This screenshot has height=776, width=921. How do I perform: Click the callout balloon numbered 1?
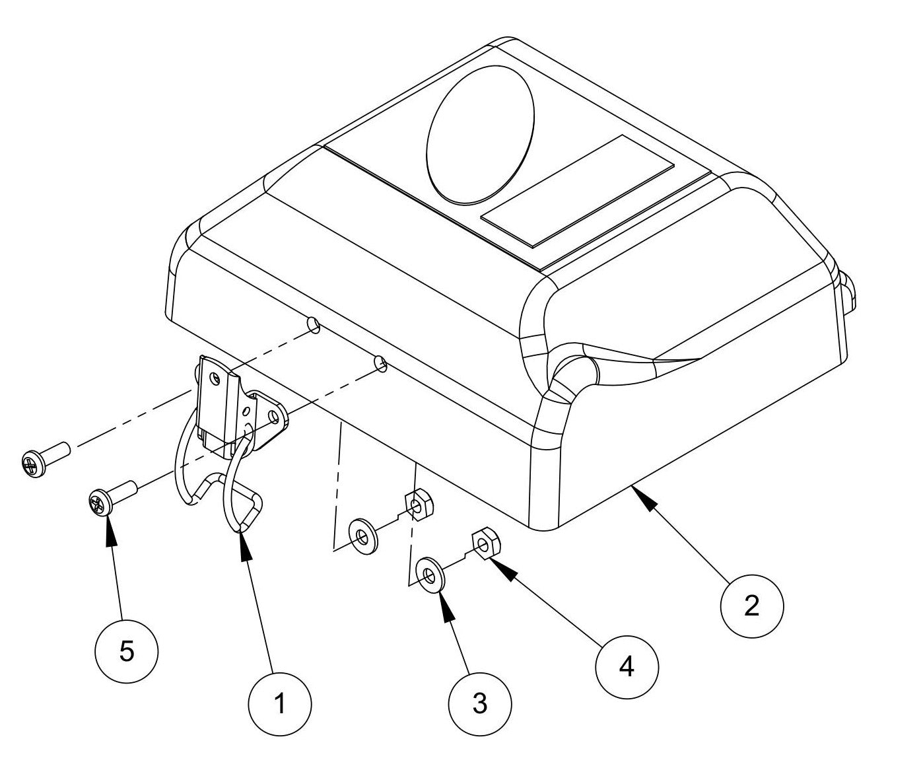pos(280,704)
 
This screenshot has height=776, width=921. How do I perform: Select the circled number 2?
pos(751,605)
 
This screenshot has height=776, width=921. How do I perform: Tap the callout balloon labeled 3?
pos(480,703)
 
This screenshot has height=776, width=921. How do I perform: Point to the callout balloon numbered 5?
pos(127,651)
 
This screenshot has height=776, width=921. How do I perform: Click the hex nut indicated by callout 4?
pos(485,543)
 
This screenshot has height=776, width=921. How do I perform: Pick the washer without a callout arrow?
pos(360,534)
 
